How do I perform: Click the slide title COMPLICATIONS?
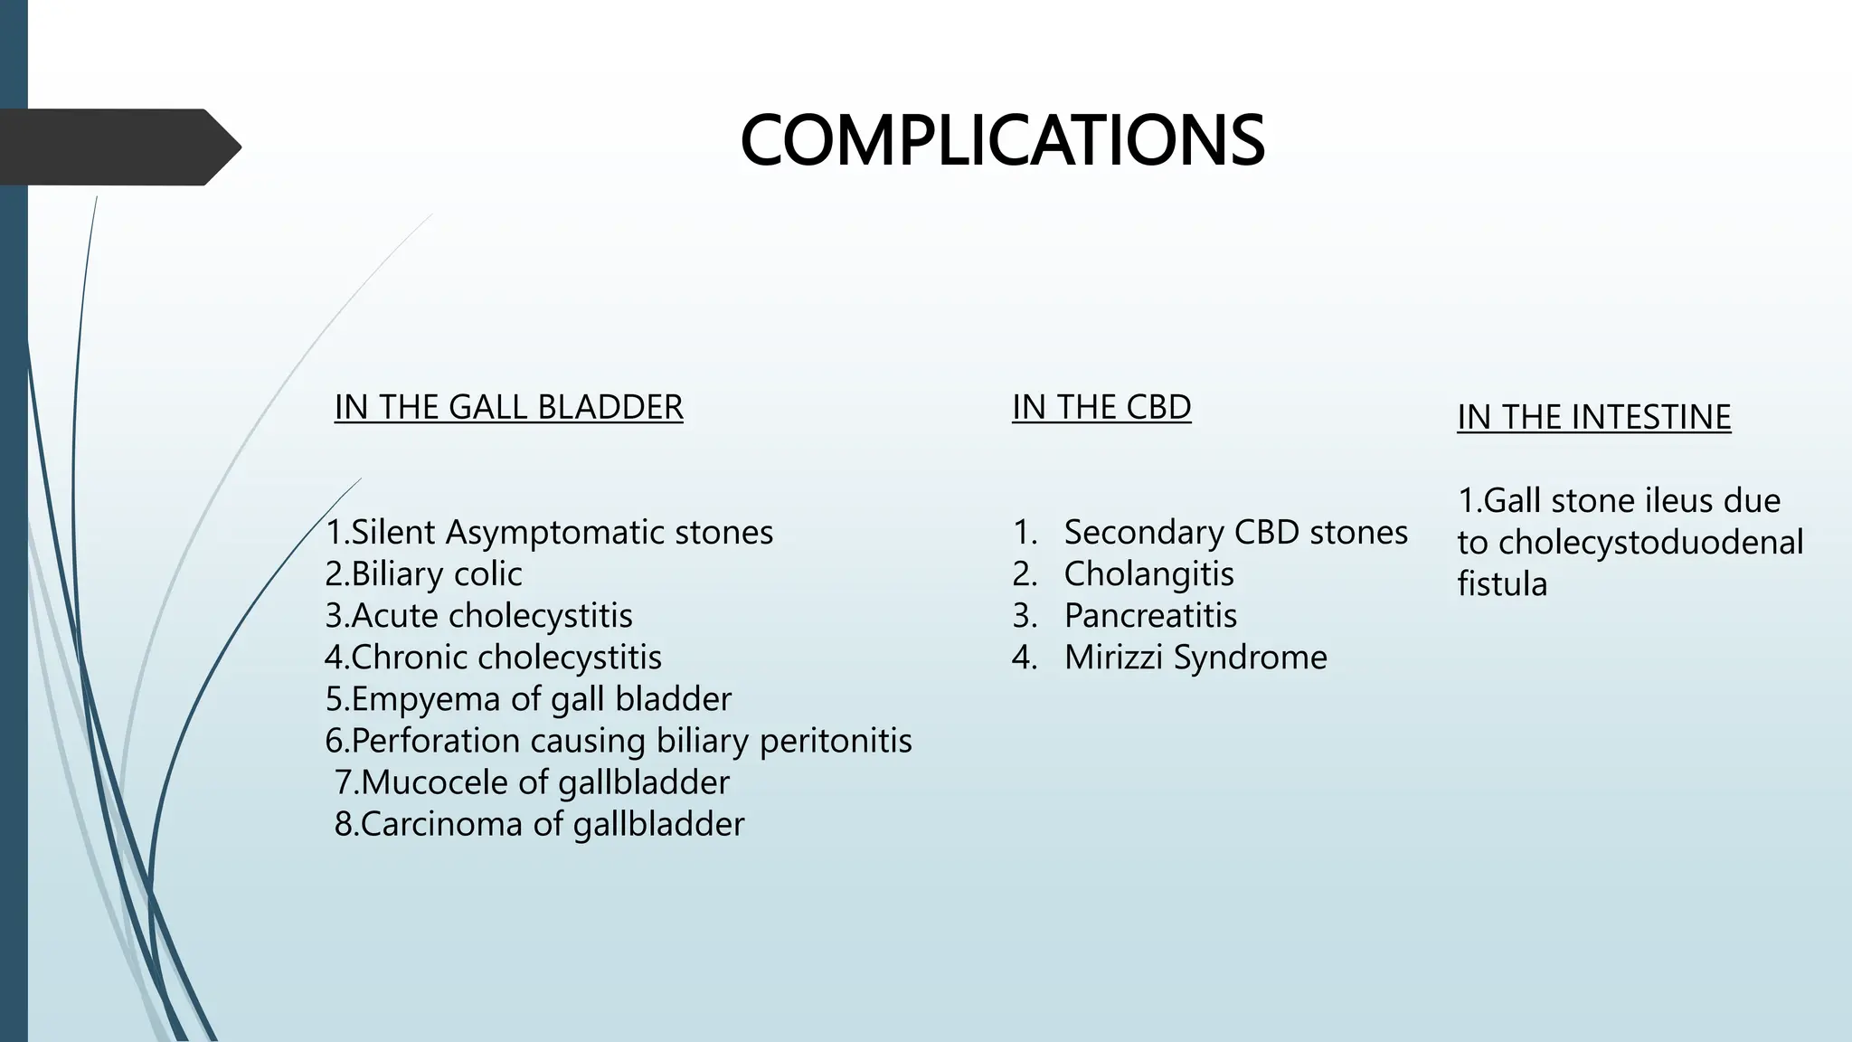pyautogui.click(x=1002, y=141)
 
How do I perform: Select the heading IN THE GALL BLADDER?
pyautogui.click(x=508, y=407)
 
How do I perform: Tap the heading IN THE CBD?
pyautogui.click(x=1101, y=407)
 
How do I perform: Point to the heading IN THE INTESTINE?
pyautogui.click(x=1593, y=417)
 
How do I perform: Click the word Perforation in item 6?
pyautogui.click(x=435, y=741)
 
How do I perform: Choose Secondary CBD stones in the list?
pyautogui.click(x=1235, y=532)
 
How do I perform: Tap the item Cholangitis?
pyautogui.click(x=1148, y=573)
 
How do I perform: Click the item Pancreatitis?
pyautogui.click(x=1150, y=615)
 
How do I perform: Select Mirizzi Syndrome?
pyautogui.click(x=1195, y=657)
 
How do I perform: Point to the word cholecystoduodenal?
pyautogui.click(x=1650, y=542)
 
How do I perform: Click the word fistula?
pyautogui.click(x=1502, y=583)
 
